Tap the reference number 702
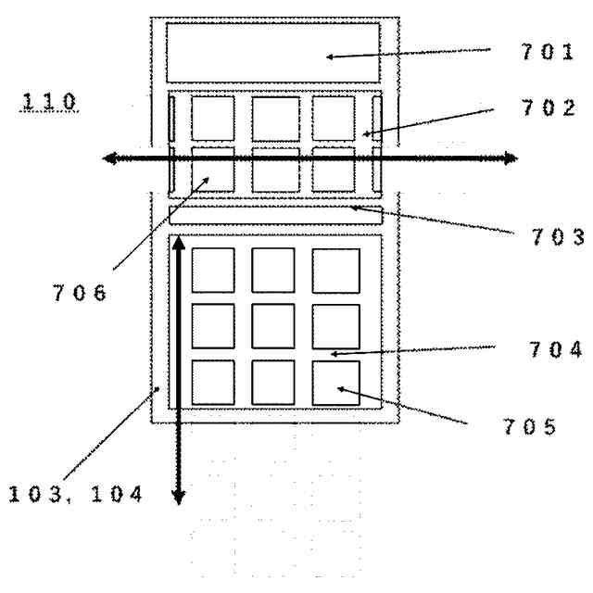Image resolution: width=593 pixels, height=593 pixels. (x=546, y=107)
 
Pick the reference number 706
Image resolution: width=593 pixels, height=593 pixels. (x=82, y=294)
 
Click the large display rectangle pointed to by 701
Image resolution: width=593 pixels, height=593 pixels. (x=272, y=53)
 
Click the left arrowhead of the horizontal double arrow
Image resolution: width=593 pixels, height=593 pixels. (x=108, y=158)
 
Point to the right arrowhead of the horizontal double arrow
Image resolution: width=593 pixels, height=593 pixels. (x=510, y=158)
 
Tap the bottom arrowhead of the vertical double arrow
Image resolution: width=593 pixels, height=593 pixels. (x=179, y=498)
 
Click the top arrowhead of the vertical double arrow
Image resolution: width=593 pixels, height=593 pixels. (x=179, y=244)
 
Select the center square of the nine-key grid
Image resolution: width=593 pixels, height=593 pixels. (x=273, y=326)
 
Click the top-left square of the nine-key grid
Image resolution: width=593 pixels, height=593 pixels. (x=212, y=270)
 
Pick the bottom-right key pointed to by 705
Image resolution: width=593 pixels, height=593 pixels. (x=335, y=383)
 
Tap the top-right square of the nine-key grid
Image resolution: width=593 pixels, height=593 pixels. (x=335, y=270)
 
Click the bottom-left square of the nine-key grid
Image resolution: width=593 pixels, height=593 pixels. (x=212, y=383)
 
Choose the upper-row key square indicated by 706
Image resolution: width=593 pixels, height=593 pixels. (x=212, y=168)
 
